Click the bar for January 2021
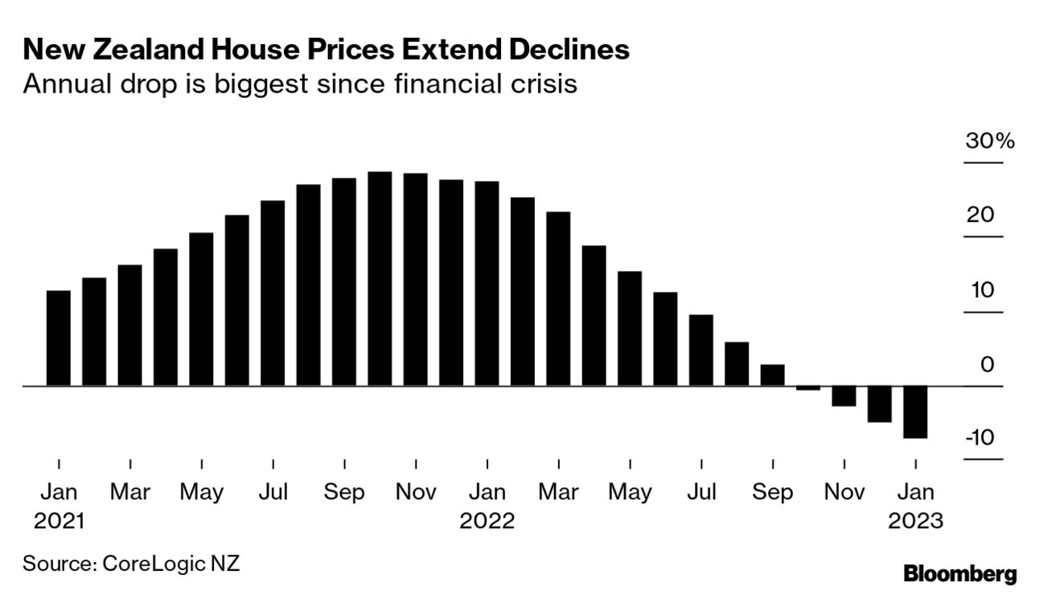click(59, 338)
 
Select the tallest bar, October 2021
click(380, 279)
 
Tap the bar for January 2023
click(915, 412)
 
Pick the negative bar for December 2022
click(880, 404)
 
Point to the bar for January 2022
click(487, 284)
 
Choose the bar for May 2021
click(201, 310)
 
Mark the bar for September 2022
click(772, 375)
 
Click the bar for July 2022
click(701, 351)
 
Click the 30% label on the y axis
click(990, 142)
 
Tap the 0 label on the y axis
click(987, 365)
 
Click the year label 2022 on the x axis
click(487, 521)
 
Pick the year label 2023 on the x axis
click(915, 521)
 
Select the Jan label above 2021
click(59, 492)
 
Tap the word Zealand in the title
click(135, 50)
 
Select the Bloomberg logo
click(960, 574)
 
